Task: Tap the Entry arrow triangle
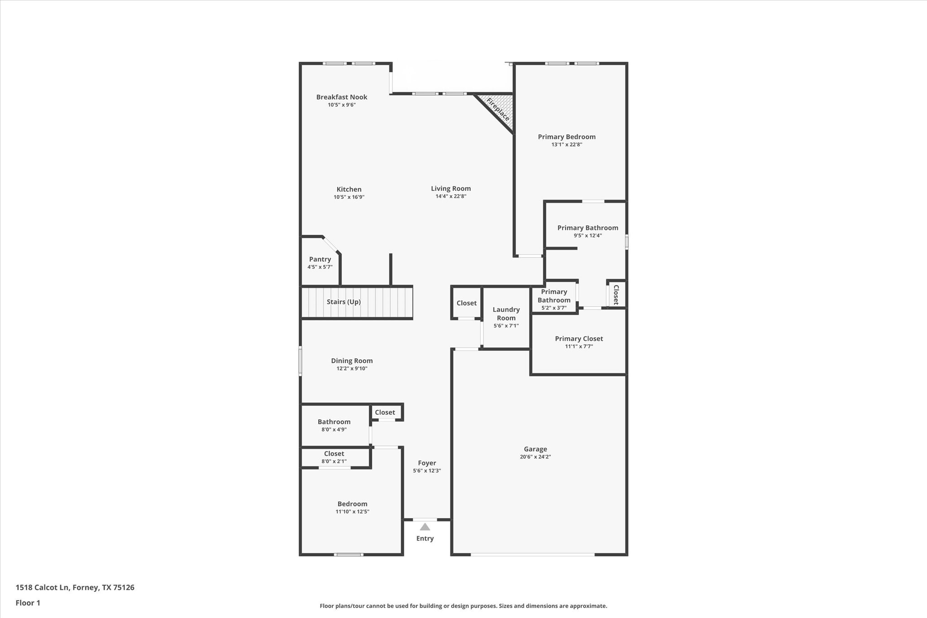point(425,527)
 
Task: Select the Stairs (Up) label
point(344,302)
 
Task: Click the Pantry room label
point(320,259)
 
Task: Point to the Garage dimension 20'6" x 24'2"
point(535,457)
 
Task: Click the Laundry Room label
point(506,314)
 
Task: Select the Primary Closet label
point(579,339)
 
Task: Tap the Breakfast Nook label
point(342,97)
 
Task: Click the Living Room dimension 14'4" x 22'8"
point(451,196)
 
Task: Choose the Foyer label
point(427,463)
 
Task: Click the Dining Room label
point(352,361)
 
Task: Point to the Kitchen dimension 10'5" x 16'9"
point(349,197)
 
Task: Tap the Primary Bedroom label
point(567,137)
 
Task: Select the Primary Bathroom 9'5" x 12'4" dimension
point(588,235)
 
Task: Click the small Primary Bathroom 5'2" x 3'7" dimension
point(554,308)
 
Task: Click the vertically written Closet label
point(616,295)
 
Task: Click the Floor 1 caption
point(28,603)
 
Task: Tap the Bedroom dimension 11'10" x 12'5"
point(352,512)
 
